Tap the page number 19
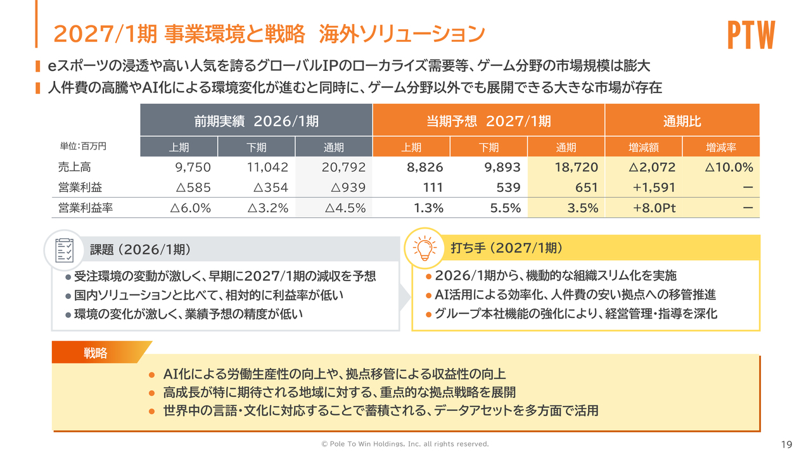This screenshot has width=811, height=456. click(787, 444)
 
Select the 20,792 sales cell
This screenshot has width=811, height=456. click(344, 168)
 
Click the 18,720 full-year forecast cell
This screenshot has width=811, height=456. click(577, 168)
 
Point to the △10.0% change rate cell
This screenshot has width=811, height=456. click(728, 168)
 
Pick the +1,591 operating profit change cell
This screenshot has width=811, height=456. click(654, 187)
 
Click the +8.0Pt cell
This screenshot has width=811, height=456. click(655, 208)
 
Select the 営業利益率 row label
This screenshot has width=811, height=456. click(85, 208)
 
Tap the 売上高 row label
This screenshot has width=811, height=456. click(75, 168)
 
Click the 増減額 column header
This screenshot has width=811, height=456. click(644, 148)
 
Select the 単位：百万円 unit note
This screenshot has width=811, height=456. click(83, 146)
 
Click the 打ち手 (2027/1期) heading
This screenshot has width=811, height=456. click(507, 248)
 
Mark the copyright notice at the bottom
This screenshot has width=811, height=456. click(405, 444)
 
